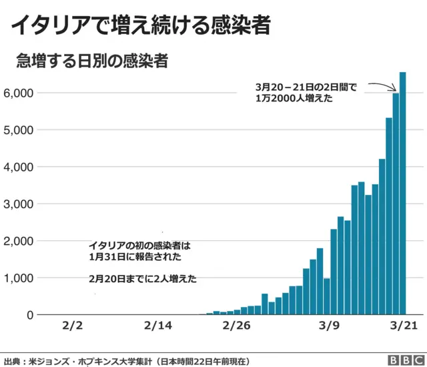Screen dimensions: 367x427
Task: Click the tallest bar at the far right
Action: [402, 194]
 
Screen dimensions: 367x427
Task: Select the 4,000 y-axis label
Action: [19, 167]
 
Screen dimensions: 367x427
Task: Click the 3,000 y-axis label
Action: [19, 204]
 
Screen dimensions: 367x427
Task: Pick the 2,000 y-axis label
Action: [19, 241]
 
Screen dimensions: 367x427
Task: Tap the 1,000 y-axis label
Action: [19, 278]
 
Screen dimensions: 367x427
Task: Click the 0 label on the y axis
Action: [29, 315]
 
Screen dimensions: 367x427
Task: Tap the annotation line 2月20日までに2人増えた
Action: [142, 280]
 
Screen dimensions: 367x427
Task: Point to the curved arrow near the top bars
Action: [382, 87]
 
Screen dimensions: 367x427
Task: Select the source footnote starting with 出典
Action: [127, 360]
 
